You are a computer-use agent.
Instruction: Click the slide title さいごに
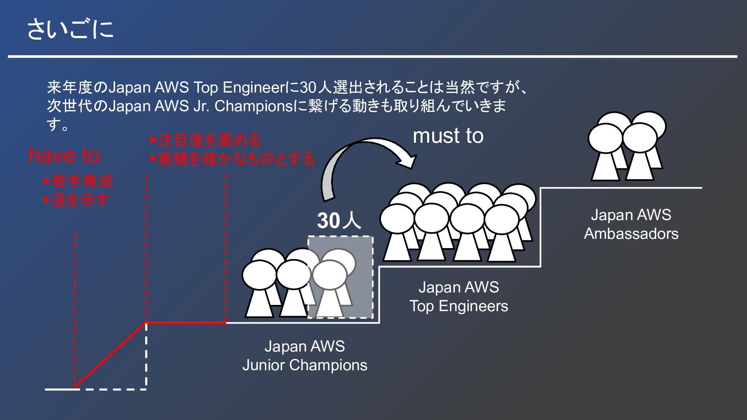pyautogui.click(x=70, y=30)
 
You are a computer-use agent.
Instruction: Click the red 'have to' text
pyautogui.click(x=64, y=156)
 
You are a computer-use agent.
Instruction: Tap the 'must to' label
pyautogui.click(x=448, y=136)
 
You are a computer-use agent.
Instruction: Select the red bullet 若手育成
pyautogui.click(x=78, y=182)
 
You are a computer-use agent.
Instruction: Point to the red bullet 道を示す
pyautogui.click(x=77, y=201)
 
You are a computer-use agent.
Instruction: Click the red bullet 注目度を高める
pyautogui.click(x=206, y=140)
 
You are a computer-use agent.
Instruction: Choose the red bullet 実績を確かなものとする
pyautogui.click(x=233, y=159)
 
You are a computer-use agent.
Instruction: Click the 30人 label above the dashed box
pyautogui.click(x=339, y=221)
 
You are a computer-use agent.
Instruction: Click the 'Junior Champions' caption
pyautogui.click(x=305, y=365)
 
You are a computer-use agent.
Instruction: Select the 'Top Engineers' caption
pyautogui.click(x=458, y=306)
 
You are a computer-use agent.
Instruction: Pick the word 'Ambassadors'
pyautogui.click(x=631, y=233)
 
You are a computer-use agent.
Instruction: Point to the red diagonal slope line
pyautogui.click(x=110, y=355)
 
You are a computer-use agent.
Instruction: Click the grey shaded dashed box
pyautogui.click(x=340, y=277)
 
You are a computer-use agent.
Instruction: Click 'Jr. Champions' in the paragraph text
pyautogui.click(x=243, y=106)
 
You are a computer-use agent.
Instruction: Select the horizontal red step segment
pyautogui.click(x=186, y=322)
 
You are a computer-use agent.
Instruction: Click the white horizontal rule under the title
pyautogui.click(x=372, y=57)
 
